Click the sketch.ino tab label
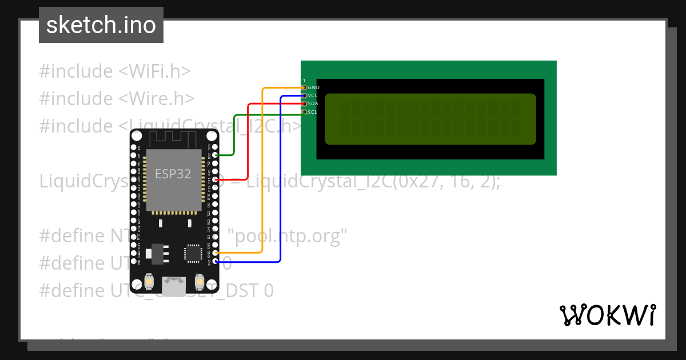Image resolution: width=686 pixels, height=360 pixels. tap(101, 25)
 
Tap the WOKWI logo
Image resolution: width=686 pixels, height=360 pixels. tap(607, 315)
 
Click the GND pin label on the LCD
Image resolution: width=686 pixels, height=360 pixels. tap(313, 87)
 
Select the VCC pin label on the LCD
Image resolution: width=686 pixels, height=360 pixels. tap(313, 95)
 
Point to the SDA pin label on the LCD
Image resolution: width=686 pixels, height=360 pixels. tap(313, 103)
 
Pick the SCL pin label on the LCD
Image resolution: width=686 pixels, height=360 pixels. tap(312, 112)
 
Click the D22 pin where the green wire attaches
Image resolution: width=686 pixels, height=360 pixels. tap(215, 155)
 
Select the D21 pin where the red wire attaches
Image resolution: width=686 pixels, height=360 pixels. tap(215, 179)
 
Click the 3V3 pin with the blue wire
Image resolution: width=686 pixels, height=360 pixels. tap(215, 261)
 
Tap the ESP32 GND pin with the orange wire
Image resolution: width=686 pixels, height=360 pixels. tap(215, 253)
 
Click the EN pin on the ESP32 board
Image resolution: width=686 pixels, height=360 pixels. tap(134, 147)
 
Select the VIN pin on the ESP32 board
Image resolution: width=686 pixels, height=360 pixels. tap(134, 261)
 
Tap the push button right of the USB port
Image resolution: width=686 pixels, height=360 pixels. tap(200, 281)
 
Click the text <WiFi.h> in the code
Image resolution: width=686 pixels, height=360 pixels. tap(154, 71)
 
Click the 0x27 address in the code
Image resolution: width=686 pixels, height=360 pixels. tap(421, 181)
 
